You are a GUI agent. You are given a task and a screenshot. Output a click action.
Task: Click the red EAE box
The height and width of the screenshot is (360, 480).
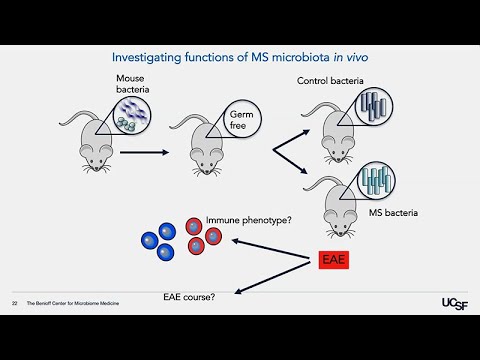(x=334, y=261)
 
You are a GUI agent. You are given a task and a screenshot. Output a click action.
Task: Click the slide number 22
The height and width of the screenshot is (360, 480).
(x=15, y=303)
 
